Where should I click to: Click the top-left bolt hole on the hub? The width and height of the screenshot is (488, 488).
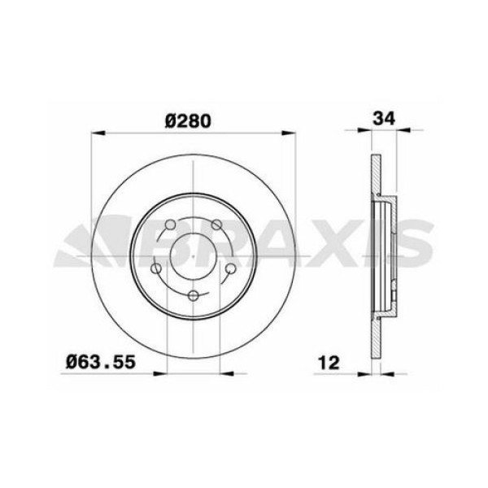point(170,226)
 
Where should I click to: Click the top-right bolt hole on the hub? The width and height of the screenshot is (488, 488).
point(216,226)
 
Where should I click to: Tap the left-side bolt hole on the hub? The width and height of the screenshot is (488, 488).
point(156,269)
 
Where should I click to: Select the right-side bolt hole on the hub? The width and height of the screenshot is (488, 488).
point(230,268)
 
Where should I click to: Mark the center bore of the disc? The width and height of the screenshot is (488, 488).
point(194,259)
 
